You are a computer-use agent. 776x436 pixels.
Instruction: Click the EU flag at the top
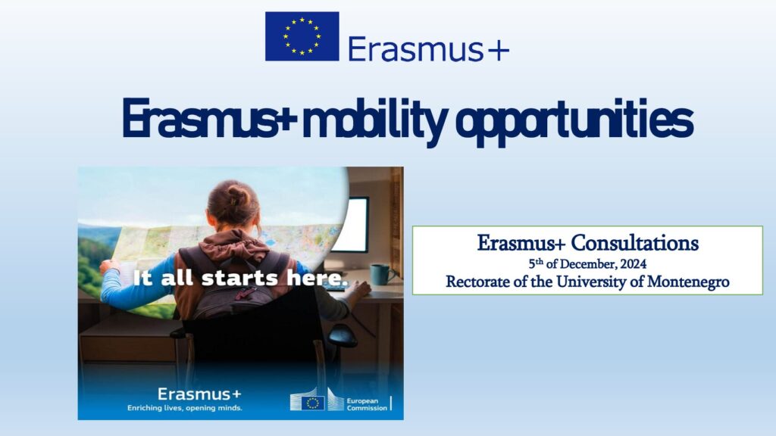pos(302,36)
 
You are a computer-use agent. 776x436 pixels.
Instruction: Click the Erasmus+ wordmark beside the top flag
pos(429,49)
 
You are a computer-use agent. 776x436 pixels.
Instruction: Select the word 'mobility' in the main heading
pos(374,120)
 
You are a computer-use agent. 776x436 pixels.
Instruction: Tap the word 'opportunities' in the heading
pos(574,121)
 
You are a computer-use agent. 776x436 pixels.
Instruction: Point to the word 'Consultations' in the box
pos(635,243)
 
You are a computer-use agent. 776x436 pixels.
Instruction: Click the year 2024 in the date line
pos(634,264)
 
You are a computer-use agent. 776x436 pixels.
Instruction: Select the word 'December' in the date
pos(588,264)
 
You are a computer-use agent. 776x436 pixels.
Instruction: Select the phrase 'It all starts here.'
pos(241,278)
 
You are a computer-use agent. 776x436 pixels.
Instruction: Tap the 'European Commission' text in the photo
pos(367,404)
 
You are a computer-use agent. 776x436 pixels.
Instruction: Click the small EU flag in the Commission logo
pos(313,403)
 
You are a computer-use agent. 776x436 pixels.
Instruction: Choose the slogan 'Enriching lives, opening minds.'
pos(185,408)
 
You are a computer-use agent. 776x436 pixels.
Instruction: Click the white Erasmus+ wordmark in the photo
pos(199,394)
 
